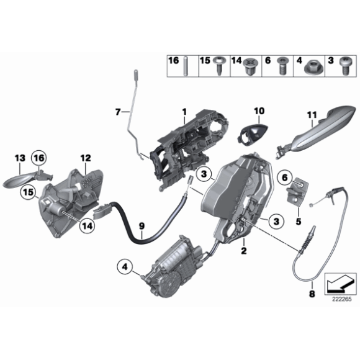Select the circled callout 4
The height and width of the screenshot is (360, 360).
point(126,268)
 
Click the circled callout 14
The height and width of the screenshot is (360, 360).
point(88,227)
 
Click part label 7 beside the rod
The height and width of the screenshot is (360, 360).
point(117,112)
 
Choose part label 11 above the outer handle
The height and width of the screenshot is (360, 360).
point(312,114)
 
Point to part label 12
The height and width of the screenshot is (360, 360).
point(84,158)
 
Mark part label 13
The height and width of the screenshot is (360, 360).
point(19,158)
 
